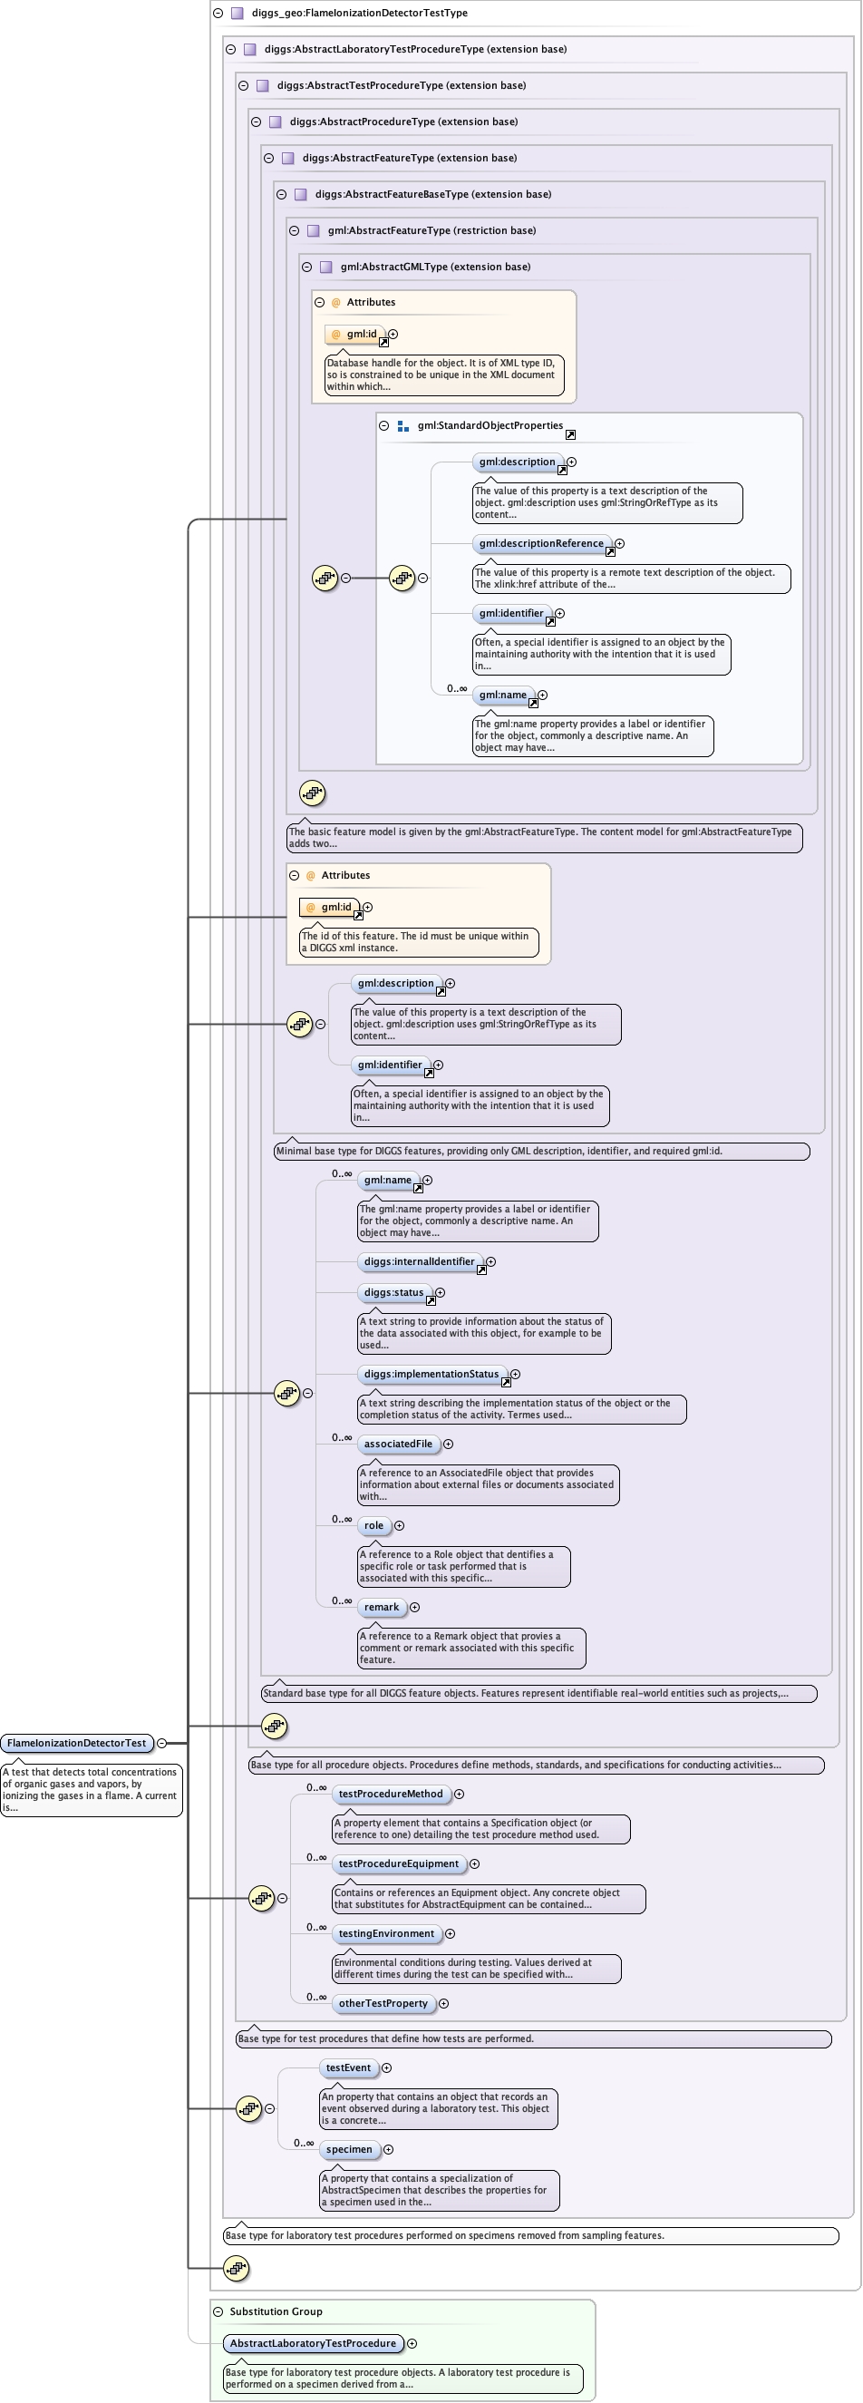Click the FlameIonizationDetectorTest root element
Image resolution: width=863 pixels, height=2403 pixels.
[x=76, y=1743]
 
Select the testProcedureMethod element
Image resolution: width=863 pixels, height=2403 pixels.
[x=390, y=1794]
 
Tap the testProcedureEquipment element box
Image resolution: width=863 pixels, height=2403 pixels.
[x=398, y=1863]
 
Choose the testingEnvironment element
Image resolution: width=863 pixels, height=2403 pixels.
[x=386, y=1934]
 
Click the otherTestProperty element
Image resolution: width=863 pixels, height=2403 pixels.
[x=383, y=2003]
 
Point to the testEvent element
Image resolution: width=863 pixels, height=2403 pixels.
[x=348, y=2068]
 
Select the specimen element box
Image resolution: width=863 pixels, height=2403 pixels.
[x=349, y=2149]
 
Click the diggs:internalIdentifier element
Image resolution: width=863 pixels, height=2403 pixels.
[x=419, y=1262]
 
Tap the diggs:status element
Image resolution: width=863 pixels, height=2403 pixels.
[x=393, y=1293]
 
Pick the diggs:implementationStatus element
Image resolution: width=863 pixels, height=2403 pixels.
[x=431, y=1374]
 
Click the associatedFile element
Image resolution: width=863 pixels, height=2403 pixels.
[x=398, y=1444]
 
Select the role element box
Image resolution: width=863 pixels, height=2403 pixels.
[x=373, y=1525]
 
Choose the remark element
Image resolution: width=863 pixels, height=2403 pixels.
[x=382, y=1607]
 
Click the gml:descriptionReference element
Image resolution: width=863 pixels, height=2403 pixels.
[x=541, y=544]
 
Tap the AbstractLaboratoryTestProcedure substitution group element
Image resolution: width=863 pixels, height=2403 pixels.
[x=313, y=2343]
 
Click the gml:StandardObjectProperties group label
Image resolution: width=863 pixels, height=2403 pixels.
[x=490, y=425]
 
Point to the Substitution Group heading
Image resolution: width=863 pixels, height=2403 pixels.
[x=276, y=2311]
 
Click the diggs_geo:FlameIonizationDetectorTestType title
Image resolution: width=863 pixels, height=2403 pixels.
[x=359, y=13]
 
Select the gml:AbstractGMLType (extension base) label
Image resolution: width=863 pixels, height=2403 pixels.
[x=435, y=267]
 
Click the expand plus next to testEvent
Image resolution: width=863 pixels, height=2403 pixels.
[x=386, y=2068]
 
